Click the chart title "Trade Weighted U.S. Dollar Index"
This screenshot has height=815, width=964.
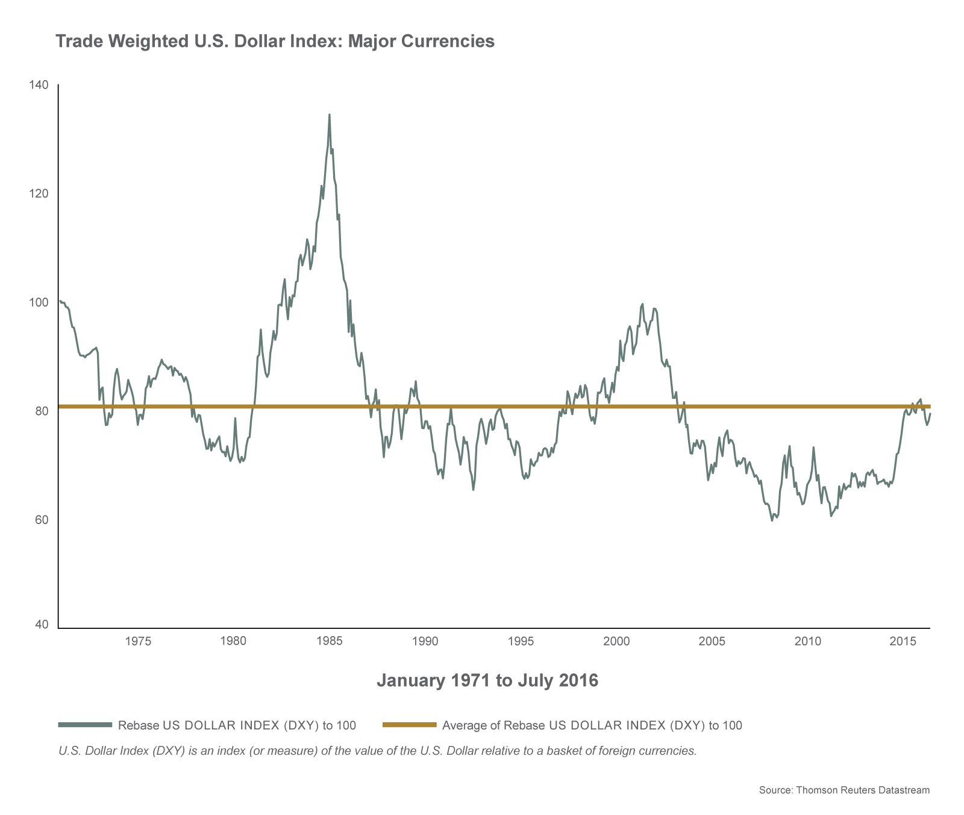275,41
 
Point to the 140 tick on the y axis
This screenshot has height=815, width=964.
39,85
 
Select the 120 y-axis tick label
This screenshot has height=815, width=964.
39,193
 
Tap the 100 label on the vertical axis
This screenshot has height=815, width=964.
39,302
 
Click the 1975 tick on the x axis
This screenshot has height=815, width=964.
137,642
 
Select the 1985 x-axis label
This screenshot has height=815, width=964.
329,642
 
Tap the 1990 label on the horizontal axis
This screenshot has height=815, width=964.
425,642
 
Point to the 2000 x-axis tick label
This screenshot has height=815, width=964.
616,642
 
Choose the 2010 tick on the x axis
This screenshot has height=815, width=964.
808,642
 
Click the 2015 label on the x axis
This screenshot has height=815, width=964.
904,642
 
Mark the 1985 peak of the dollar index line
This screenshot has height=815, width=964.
329,114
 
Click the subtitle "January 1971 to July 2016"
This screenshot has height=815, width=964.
487,681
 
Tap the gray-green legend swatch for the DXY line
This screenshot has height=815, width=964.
85,725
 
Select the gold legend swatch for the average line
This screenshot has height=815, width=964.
409,725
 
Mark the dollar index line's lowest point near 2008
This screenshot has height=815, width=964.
772,520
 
